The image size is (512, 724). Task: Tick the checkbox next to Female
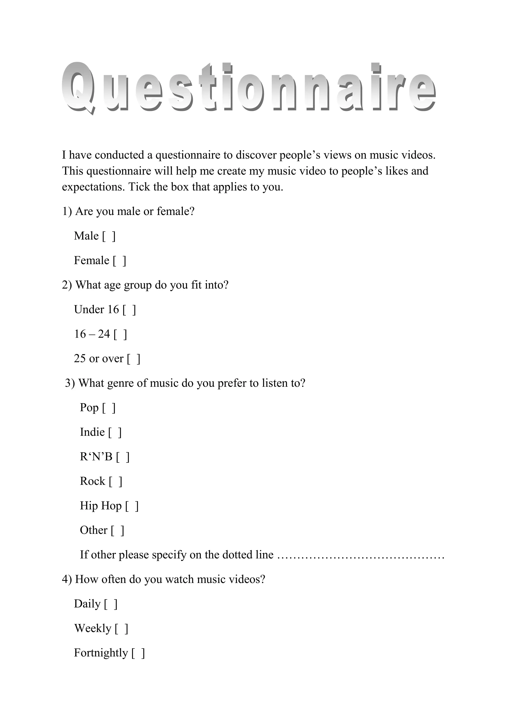(x=119, y=261)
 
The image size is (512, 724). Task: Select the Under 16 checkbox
(x=129, y=310)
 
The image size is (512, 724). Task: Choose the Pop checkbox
(x=109, y=408)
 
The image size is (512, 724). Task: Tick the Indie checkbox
(x=115, y=433)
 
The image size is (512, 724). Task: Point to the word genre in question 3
(x=120, y=383)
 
